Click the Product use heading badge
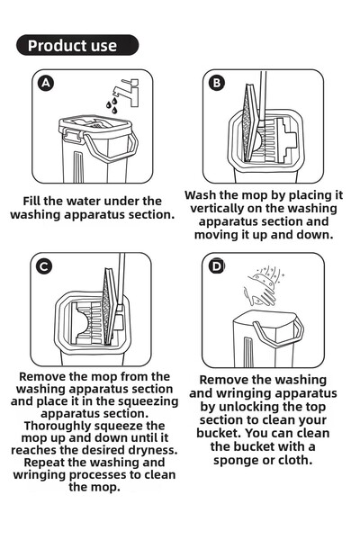pyautogui.click(x=77, y=45)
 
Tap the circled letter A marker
pyautogui.click(x=46, y=84)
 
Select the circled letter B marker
pyautogui.click(x=217, y=83)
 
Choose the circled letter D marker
pyautogui.click(x=217, y=265)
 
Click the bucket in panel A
pyautogui.click(x=94, y=148)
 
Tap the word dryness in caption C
pyautogui.click(x=148, y=449)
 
